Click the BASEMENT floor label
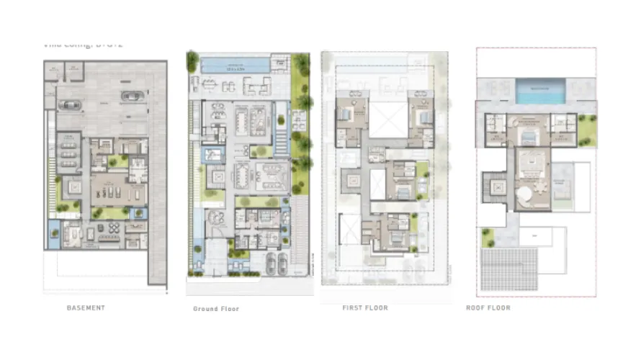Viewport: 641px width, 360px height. coord(86,307)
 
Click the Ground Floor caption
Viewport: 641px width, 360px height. coord(216,308)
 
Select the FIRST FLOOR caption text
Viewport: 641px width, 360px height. coord(365,307)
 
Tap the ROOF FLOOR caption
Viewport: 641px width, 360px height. coord(488,307)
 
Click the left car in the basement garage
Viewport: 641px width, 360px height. coord(70,105)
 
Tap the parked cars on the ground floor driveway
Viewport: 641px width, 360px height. coord(275,264)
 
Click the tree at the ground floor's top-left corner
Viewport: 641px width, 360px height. coord(192,61)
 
